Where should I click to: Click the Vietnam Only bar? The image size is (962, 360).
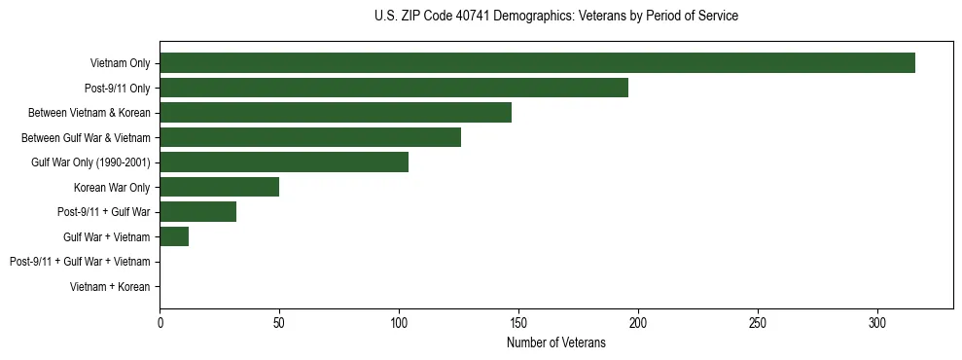point(537,63)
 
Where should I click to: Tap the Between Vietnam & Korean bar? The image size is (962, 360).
point(336,113)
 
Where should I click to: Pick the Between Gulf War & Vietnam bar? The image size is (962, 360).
point(310,137)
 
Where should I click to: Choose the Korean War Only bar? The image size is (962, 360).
point(220,187)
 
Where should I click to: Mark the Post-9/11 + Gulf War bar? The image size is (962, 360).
point(198,212)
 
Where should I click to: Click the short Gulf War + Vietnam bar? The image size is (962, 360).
point(174,236)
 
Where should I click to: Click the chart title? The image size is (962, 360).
point(555,17)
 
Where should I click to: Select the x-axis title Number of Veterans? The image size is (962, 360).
point(555,343)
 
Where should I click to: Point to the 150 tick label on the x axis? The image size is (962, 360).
point(518,323)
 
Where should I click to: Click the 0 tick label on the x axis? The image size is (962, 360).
point(160,323)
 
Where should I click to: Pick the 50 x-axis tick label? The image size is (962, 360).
point(279,323)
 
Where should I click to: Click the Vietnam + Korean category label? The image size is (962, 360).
point(110,287)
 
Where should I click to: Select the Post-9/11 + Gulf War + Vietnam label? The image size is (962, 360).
point(80,262)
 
